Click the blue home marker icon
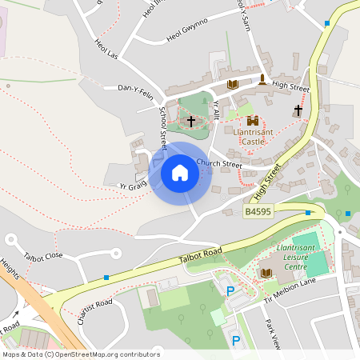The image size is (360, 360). (x=180, y=172)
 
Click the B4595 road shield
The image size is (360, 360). (x=258, y=212)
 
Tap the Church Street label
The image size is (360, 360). (x=218, y=164)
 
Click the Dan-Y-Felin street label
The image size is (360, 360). (x=134, y=88)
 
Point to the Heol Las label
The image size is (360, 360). (x=106, y=50)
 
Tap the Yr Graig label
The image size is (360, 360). (x=132, y=185)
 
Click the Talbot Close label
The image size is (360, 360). (x=43, y=257)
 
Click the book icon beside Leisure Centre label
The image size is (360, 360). (x=266, y=273)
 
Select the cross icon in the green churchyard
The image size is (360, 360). (x=190, y=122)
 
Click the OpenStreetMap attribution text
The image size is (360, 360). (x=81, y=354)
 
